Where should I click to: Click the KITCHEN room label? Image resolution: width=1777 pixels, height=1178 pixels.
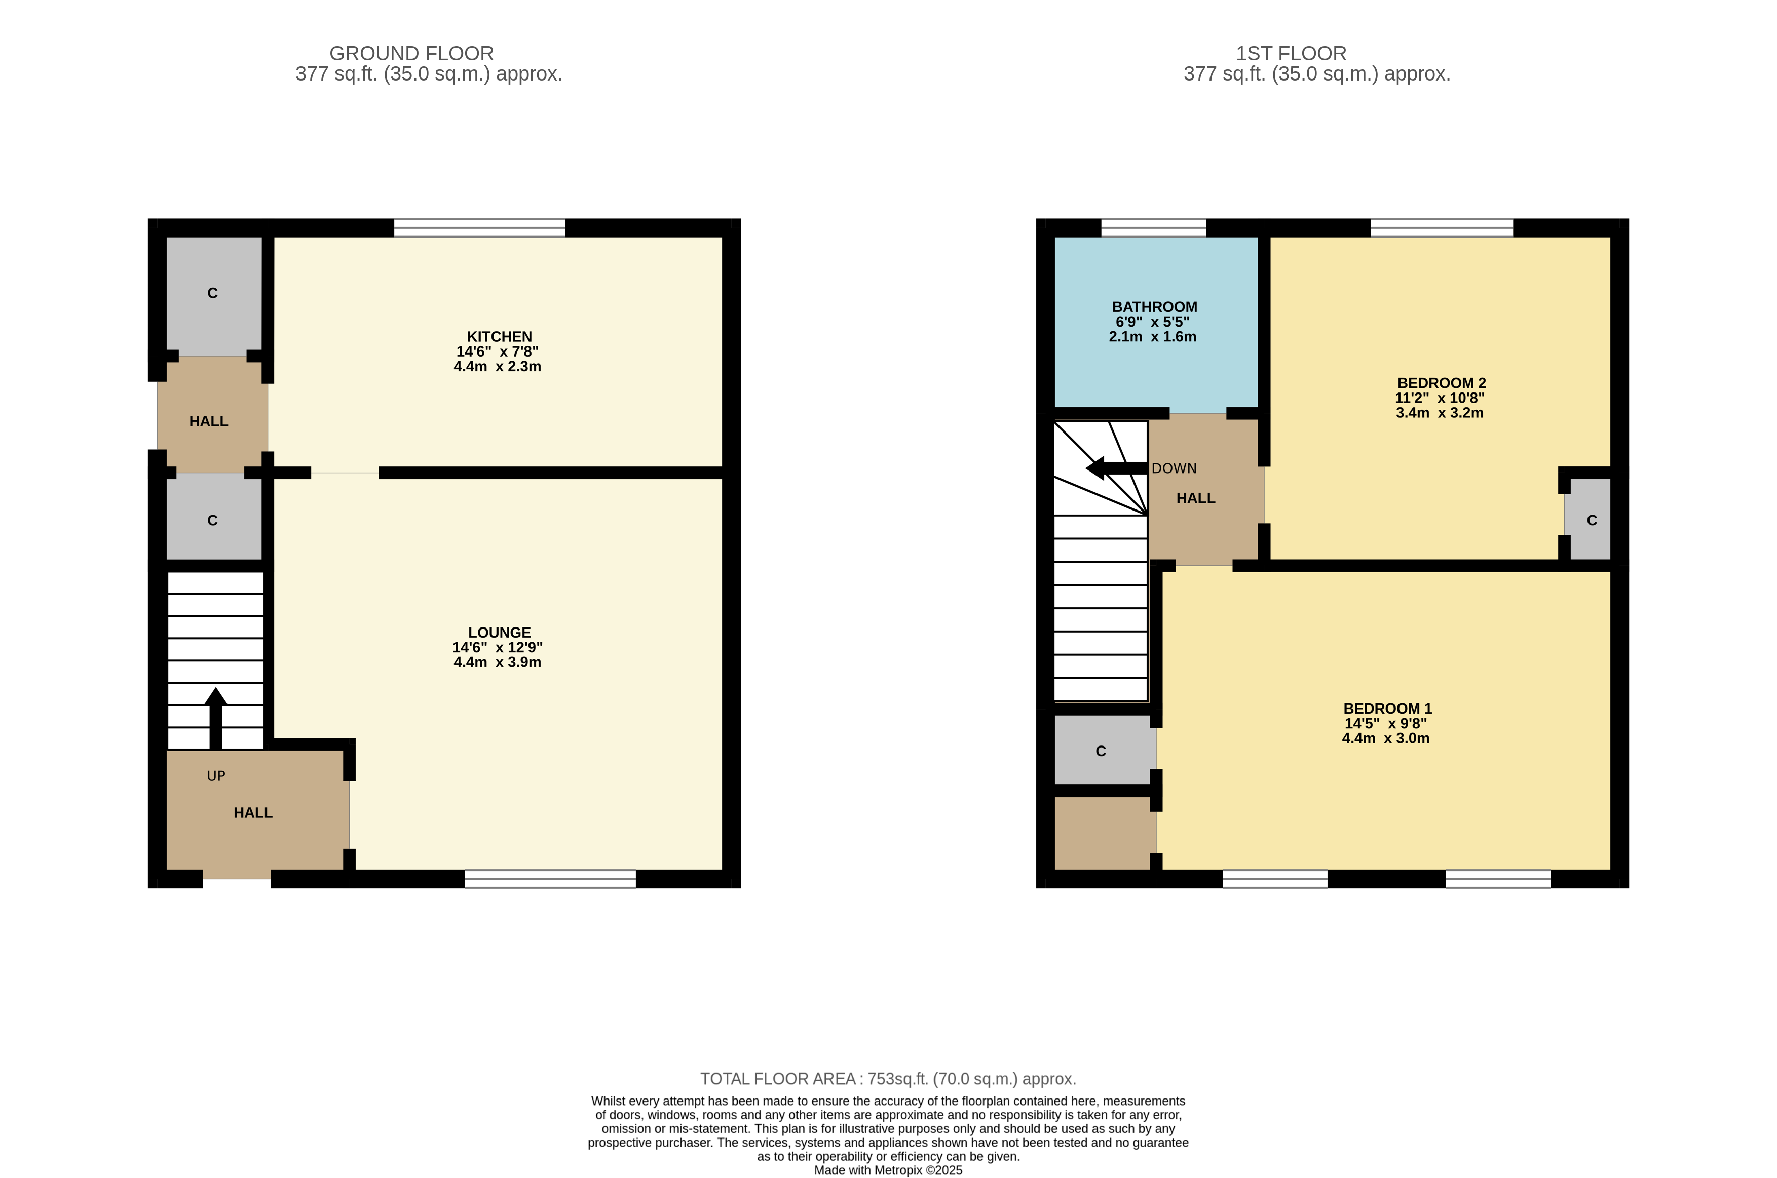(x=499, y=337)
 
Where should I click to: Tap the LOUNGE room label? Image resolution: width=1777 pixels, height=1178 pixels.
(x=499, y=633)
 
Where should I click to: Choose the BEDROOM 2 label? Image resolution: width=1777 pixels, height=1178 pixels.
(x=1442, y=383)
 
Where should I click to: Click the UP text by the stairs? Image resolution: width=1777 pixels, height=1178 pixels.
(x=216, y=776)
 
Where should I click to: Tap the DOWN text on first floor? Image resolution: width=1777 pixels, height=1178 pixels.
(x=1174, y=468)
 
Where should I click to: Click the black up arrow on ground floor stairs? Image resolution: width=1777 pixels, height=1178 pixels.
(x=216, y=718)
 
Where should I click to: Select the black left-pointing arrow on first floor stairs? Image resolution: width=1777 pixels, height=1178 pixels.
(x=1117, y=468)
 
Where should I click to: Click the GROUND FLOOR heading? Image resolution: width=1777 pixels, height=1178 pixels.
(x=412, y=53)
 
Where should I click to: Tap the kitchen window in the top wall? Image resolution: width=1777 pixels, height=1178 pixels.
(x=479, y=227)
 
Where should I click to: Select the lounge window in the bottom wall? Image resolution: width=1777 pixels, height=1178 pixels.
(x=550, y=879)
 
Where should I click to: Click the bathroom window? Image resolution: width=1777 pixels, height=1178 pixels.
(x=1154, y=227)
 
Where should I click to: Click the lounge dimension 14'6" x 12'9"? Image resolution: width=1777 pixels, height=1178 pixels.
(x=498, y=648)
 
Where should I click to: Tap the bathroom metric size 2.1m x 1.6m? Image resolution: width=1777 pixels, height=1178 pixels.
(x=1152, y=337)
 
